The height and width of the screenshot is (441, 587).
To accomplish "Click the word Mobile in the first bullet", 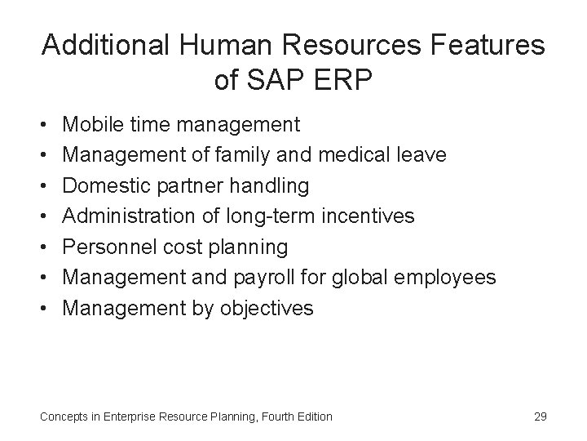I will pos(90,125).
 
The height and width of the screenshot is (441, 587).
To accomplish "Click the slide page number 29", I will pos(540,416).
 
